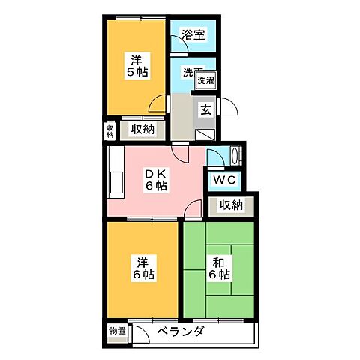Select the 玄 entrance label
pyautogui.click(x=205, y=109)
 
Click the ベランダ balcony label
pyautogui.click(x=179, y=332)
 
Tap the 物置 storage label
pyautogui.click(x=116, y=331)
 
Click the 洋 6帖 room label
pyautogui.click(x=144, y=268)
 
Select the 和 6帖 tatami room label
pyautogui.click(x=220, y=268)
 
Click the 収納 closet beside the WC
pyautogui.click(x=231, y=205)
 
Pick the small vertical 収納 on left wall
pyautogui.click(x=109, y=130)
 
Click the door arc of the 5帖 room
pyautogui.click(x=159, y=105)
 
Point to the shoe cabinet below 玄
pyautogui.click(x=206, y=133)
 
